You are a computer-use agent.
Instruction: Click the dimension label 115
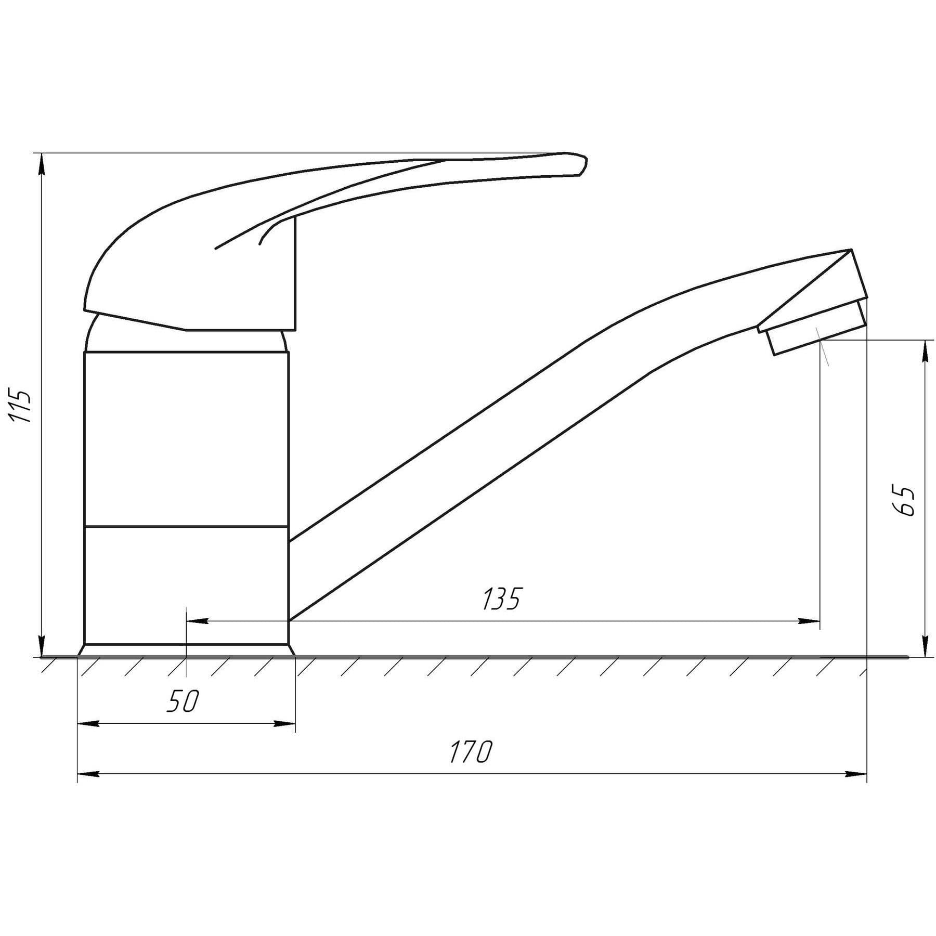point(21,405)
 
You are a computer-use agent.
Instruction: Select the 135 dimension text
point(501,599)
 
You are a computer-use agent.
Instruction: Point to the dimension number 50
point(183,701)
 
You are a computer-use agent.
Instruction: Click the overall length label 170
point(470,752)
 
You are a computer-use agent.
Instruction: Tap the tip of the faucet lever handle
point(586,159)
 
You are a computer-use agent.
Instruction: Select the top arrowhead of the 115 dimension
point(42,164)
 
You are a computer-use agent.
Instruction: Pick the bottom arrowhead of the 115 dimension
point(42,646)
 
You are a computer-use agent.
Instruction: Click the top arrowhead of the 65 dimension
point(925,351)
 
